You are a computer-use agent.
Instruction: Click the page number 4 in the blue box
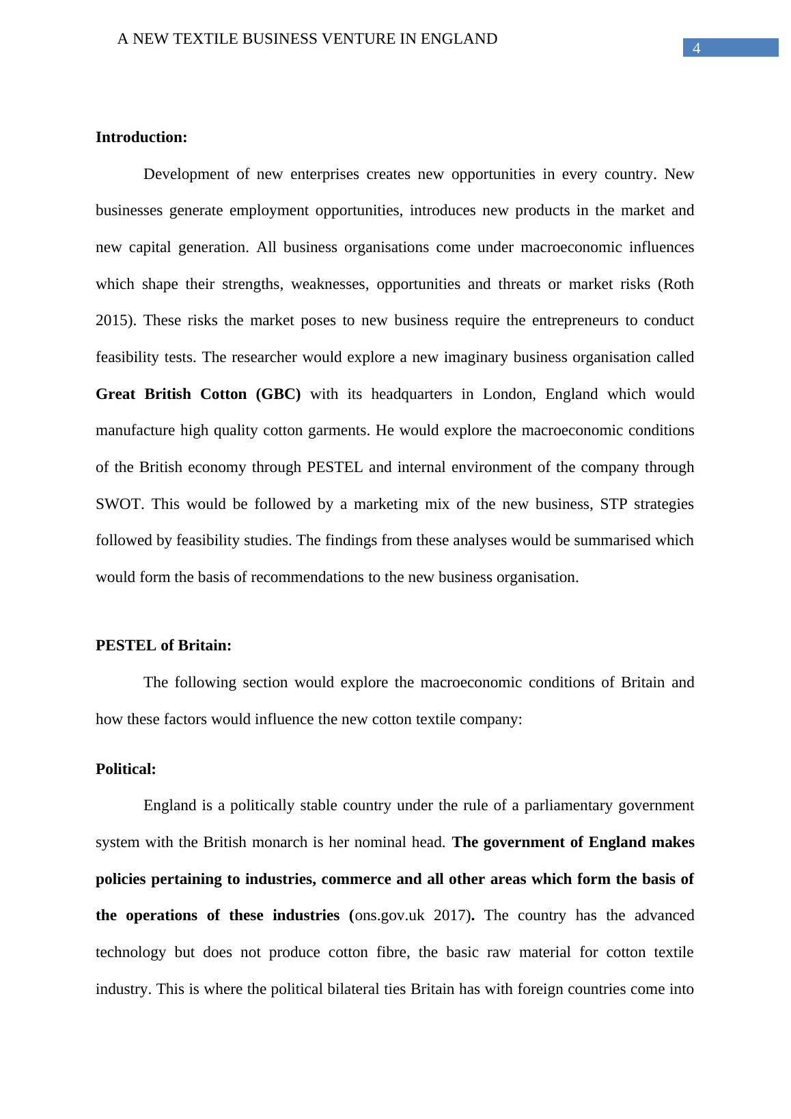[697, 48]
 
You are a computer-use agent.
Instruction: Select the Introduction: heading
[141, 137]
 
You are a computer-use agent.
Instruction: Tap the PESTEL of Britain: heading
[163, 646]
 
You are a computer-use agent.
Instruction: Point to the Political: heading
[126, 769]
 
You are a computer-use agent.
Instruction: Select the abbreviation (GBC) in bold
[278, 394]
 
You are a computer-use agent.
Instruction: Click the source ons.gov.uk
[390, 915]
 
